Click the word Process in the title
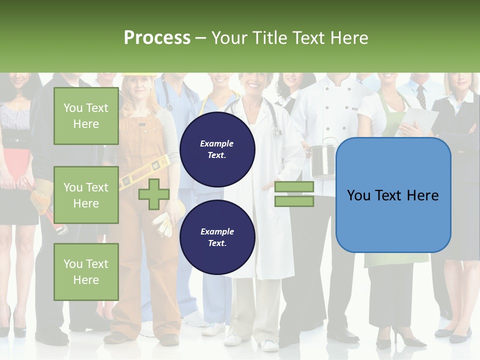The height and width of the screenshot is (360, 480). coord(157,37)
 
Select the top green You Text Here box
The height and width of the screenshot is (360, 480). coord(86,116)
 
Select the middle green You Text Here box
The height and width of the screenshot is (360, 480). coord(86,195)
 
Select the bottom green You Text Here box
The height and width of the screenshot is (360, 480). coord(86,271)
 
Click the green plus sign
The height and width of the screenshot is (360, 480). coord(153,194)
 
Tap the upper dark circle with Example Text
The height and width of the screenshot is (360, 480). coord(217,149)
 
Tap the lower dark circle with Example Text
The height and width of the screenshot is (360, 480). coord(217,237)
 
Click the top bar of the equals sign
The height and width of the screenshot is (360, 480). coord(294,187)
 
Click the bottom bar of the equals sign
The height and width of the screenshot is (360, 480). coord(294,201)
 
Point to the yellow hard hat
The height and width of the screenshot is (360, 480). coord(138,75)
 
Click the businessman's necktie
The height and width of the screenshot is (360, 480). coord(421,96)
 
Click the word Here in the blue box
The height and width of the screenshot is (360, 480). coord(422,195)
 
